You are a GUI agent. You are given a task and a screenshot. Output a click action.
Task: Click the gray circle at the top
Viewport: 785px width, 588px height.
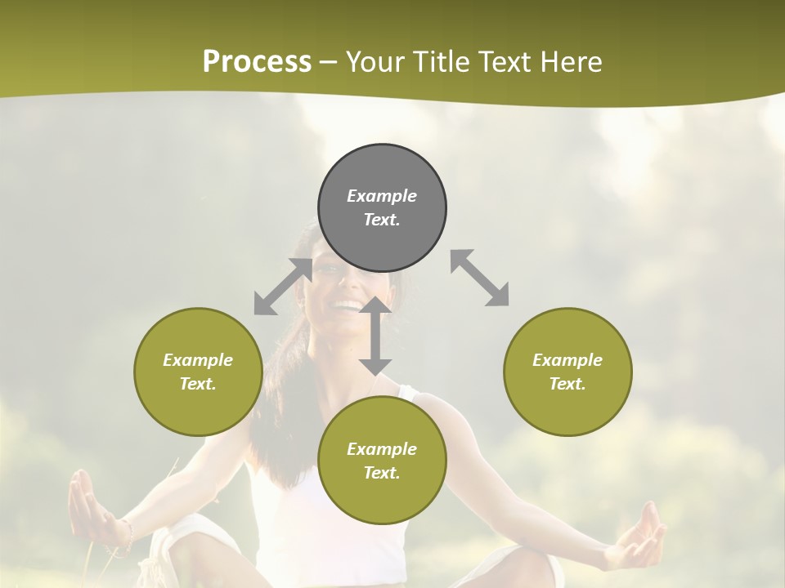pyautogui.click(x=382, y=208)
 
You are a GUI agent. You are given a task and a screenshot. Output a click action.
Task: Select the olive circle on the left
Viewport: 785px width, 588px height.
pyautogui.click(x=198, y=372)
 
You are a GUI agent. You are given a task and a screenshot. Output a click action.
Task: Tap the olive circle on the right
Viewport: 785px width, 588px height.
pyautogui.click(x=567, y=372)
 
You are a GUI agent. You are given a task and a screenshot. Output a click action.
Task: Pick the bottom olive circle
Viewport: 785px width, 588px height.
pyautogui.click(x=382, y=461)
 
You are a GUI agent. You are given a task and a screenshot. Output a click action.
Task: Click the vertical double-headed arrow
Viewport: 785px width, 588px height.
pyautogui.click(x=375, y=336)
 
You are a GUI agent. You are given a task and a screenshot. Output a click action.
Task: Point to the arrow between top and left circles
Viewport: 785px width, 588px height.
pyautogui.click(x=283, y=287)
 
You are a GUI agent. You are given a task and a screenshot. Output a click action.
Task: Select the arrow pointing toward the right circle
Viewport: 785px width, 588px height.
pyautogui.click(x=479, y=278)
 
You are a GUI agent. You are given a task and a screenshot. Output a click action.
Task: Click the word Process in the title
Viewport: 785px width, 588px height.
pyautogui.click(x=257, y=61)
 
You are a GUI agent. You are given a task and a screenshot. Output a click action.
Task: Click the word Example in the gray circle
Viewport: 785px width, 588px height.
pyautogui.click(x=382, y=196)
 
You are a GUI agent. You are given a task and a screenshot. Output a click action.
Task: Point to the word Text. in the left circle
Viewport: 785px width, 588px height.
pyautogui.click(x=198, y=384)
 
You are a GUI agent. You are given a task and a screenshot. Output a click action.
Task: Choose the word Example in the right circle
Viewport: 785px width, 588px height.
pyautogui.click(x=567, y=360)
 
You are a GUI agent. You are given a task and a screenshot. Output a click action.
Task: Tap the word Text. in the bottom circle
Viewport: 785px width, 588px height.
pyautogui.click(x=382, y=473)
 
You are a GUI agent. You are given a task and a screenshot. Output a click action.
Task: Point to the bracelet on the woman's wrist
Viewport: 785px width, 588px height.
pyautogui.click(x=127, y=535)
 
